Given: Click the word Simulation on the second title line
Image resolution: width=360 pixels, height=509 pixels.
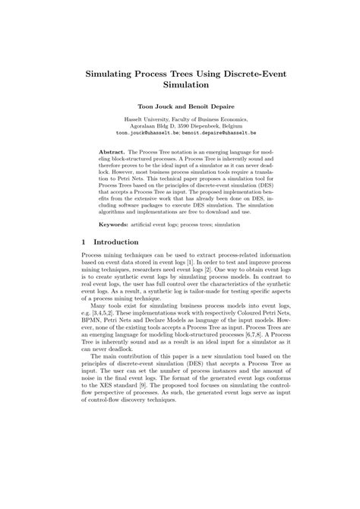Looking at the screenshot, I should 180,87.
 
